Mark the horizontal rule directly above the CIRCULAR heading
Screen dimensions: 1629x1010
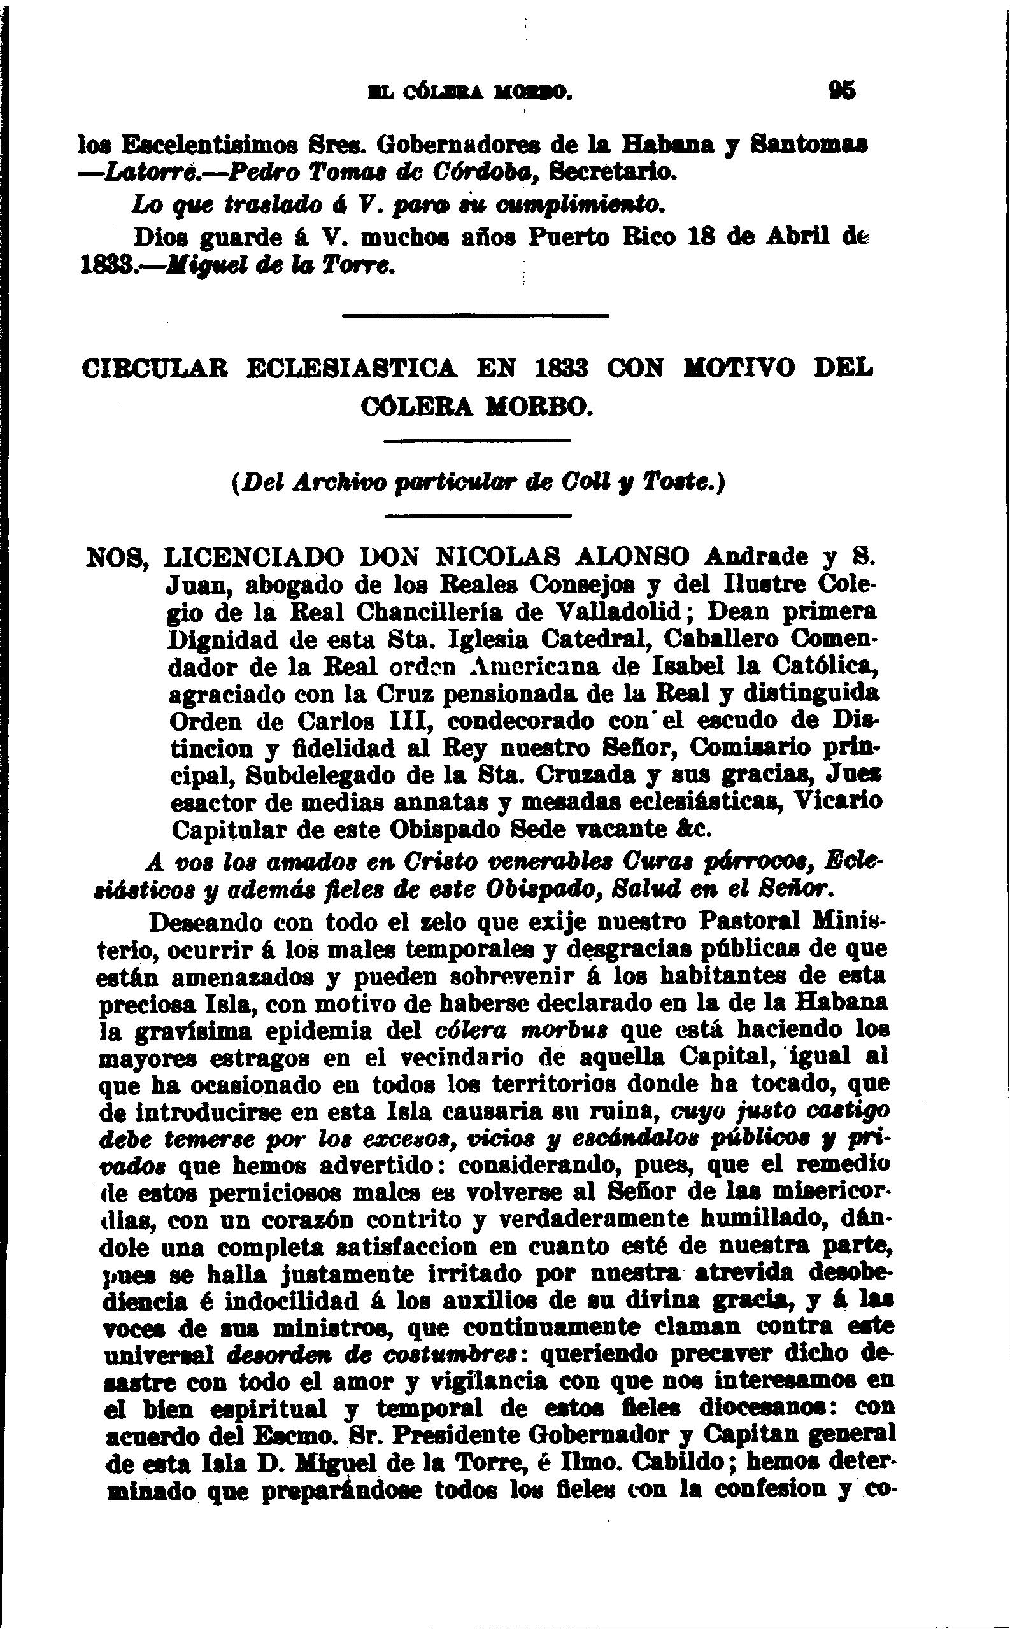click(475, 316)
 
